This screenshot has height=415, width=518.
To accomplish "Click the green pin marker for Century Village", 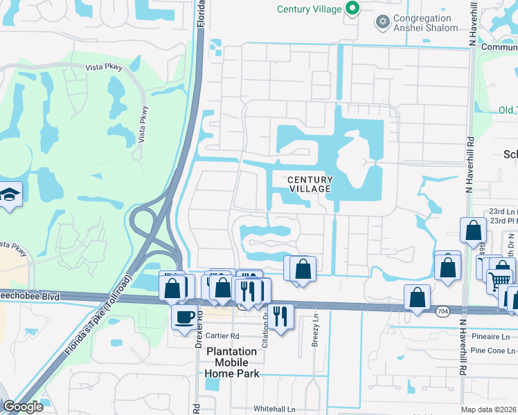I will tap(352, 9).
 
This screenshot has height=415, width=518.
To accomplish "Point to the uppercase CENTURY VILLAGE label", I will tap(310, 184).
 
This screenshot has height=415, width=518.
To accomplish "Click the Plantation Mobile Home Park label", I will tap(231, 362).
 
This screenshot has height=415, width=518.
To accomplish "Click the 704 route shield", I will tap(443, 313).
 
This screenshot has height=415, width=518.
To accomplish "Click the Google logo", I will tap(23, 407).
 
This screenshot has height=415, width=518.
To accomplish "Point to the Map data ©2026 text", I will tap(488, 409).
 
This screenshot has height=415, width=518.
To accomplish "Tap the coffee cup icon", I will tap(184, 317).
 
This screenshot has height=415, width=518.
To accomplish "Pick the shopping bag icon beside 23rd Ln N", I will tap(474, 230).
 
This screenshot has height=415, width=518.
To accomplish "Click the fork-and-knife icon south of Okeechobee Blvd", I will tap(280, 316).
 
